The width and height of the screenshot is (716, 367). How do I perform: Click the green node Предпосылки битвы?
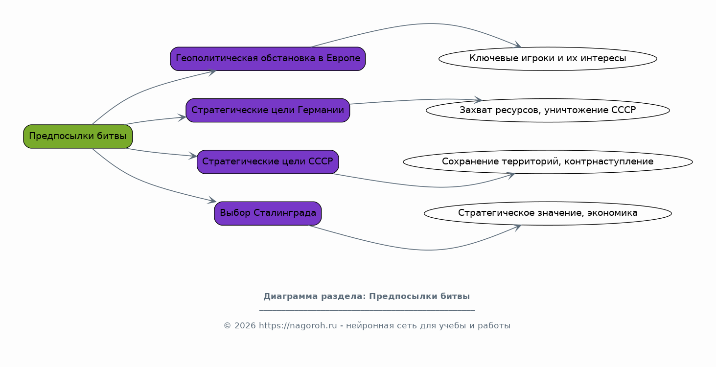click(78, 136)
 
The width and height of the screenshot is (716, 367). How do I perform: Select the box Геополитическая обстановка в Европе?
click(268, 59)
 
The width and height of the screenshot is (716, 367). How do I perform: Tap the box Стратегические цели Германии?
click(268, 110)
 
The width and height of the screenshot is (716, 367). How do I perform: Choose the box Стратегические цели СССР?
click(268, 161)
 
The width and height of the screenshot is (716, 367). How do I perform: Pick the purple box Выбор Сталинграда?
click(268, 213)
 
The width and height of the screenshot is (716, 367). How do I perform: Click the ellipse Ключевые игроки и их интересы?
click(548, 59)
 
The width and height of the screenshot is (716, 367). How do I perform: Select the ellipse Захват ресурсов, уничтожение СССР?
click(548, 110)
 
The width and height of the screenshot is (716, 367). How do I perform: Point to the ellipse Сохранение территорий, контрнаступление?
click(548, 161)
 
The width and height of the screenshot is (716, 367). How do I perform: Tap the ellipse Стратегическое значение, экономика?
click(548, 213)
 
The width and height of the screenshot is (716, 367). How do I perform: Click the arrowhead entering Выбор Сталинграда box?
click(212, 201)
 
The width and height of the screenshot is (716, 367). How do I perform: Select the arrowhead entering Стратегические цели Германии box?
click(182, 117)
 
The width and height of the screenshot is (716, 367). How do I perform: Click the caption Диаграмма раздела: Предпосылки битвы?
click(367, 297)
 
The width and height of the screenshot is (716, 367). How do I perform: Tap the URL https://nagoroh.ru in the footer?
click(298, 326)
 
